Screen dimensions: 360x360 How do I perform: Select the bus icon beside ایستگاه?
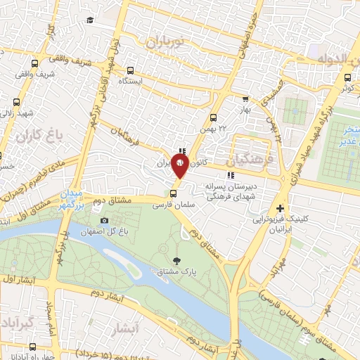pyautogui.click(x=131, y=71)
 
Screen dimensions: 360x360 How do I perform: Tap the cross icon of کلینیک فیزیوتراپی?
pyautogui.click(x=281, y=208)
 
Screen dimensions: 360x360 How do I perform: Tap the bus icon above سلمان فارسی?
pyautogui.click(x=173, y=193)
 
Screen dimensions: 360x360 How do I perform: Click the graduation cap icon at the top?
pyautogui.click(x=91, y=20)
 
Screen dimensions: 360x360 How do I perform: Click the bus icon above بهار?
pyautogui.click(x=245, y=100)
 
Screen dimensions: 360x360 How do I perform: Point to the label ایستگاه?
pyautogui.click(x=130, y=82)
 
